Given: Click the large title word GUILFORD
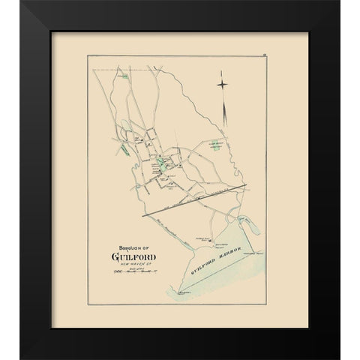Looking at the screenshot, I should (x=137, y=261).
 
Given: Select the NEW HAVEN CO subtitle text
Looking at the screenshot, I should (x=139, y=272).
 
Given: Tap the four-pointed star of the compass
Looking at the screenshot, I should (x=224, y=84).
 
